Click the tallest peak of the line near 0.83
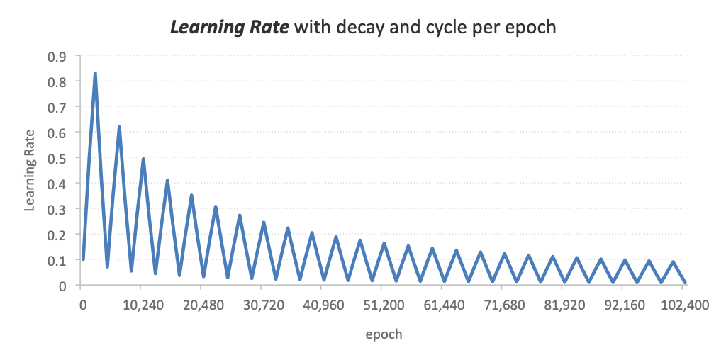pos(95,74)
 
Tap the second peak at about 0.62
pos(119,128)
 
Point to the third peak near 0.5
pos(143,159)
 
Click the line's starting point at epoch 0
pos(83,259)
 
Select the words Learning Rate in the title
pos(228,28)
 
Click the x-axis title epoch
pos(384,334)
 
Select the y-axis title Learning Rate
pos(30,171)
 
